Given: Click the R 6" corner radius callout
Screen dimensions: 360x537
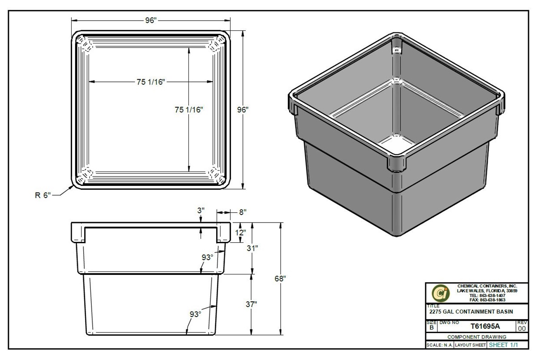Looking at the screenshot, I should coord(43,195).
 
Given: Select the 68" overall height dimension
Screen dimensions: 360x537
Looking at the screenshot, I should coord(280,278).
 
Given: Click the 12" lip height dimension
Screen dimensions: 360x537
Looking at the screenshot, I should coord(241,233).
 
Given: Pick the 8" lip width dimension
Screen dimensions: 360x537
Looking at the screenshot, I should coord(243,212).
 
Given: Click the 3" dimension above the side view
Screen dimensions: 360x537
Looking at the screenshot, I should coord(200,210).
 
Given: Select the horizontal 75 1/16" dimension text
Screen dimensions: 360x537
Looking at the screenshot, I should coord(151,81).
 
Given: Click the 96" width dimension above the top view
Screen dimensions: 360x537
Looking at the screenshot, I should coord(151,21).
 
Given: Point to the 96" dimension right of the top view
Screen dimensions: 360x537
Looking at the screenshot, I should coord(243,109).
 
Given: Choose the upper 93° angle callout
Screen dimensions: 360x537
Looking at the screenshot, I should coord(207,257).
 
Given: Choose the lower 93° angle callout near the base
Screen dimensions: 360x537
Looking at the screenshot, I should coord(195,314).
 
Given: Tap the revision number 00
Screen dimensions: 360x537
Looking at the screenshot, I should coord(522,328).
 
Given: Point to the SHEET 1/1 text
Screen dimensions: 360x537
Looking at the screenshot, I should coord(503,345).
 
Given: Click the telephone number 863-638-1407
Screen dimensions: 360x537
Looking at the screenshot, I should coord(488,296).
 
